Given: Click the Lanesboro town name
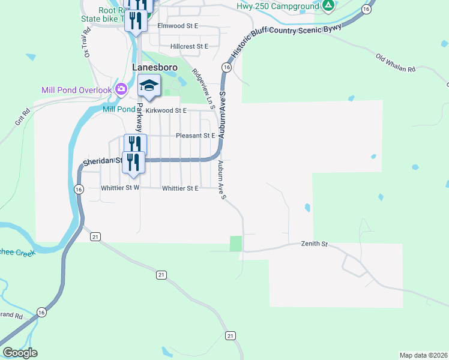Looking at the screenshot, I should point(154,68).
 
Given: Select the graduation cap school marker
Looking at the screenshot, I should point(149,86).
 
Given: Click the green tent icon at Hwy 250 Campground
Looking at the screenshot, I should point(328,7).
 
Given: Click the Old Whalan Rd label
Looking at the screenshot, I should point(396,63).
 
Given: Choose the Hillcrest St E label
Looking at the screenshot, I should point(188,46).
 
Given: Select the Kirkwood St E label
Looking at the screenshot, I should point(166,111).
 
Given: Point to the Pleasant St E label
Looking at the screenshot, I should point(195,136).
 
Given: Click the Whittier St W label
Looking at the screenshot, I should point(120,188).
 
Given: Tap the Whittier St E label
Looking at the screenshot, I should point(180,188).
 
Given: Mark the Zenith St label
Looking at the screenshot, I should point(314,244).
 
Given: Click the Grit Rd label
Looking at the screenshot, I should point(22,118).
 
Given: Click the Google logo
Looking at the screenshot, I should point(19,353).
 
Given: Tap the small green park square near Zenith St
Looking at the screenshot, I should point(236,244).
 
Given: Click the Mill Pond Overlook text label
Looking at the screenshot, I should point(76,90).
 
